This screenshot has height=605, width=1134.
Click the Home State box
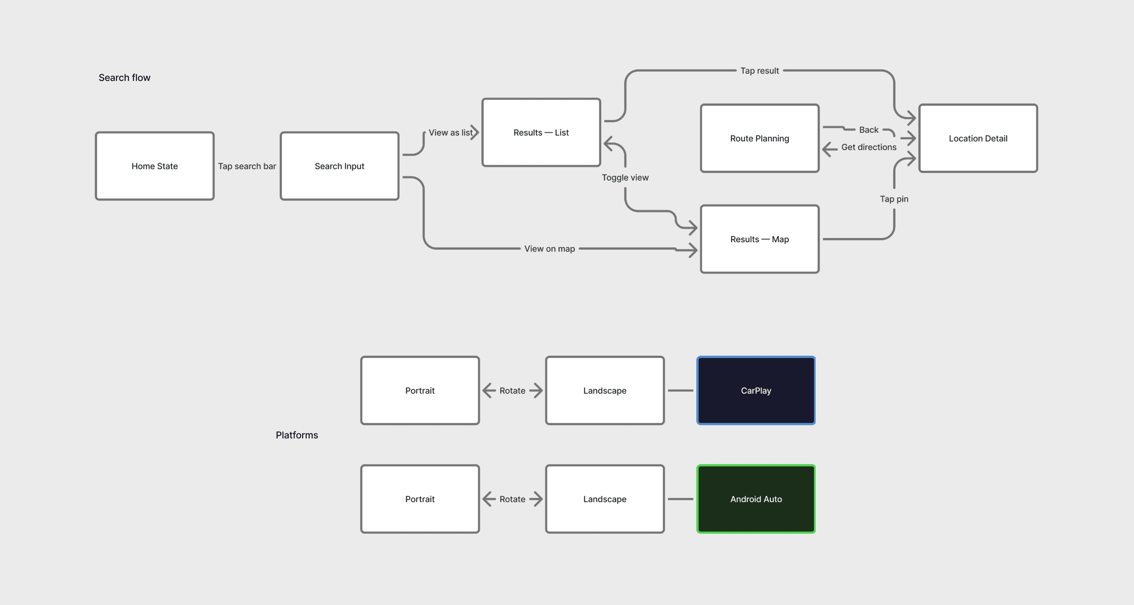(x=154, y=166)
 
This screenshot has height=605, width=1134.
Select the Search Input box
(x=339, y=166)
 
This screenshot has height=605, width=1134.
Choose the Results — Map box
(x=759, y=239)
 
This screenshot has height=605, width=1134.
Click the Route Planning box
(x=759, y=138)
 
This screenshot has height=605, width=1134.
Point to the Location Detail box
(x=978, y=138)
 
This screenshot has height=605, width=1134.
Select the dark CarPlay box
(x=756, y=391)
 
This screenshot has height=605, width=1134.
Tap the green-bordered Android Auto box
(x=756, y=499)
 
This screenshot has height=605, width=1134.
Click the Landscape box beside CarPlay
(x=605, y=391)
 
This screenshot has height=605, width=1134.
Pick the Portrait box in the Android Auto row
(x=420, y=499)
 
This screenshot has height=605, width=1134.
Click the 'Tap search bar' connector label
(x=247, y=166)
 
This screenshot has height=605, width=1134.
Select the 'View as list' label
(x=450, y=133)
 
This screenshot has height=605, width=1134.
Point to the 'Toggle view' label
(x=625, y=178)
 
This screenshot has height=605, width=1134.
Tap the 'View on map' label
(x=549, y=249)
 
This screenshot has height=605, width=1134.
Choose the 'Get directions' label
(x=869, y=147)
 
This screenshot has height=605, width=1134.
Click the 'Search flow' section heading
(x=125, y=77)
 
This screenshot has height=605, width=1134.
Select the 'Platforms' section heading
(x=297, y=435)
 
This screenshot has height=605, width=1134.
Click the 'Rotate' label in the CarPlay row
(x=512, y=391)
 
